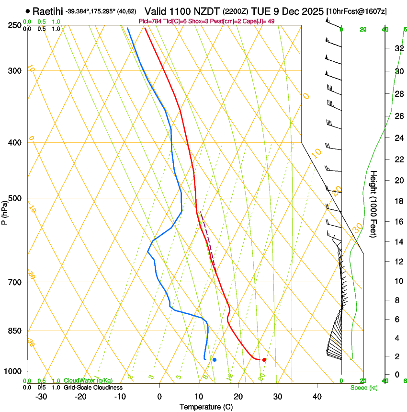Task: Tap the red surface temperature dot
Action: [264, 359]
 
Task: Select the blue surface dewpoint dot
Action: [215, 359]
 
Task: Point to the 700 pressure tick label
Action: [16, 282]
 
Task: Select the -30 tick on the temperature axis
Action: [41, 396]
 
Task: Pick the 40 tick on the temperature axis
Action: [317, 396]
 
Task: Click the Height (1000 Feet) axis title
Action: [374, 204]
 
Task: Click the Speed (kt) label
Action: [364, 388]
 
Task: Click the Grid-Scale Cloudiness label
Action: [93, 388]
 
